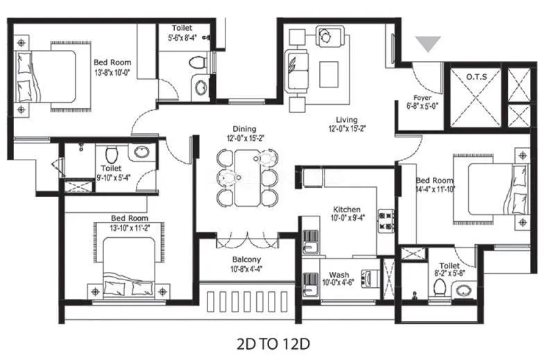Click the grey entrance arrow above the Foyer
pyautogui.click(x=431, y=44)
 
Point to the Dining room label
pyautogui.click(x=244, y=128)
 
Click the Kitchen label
pyautogui.click(x=346, y=209)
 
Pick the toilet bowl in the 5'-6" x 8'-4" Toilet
pyautogui.click(x=198, y=62)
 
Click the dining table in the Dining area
pyautogui.click(x=246, y=178)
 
